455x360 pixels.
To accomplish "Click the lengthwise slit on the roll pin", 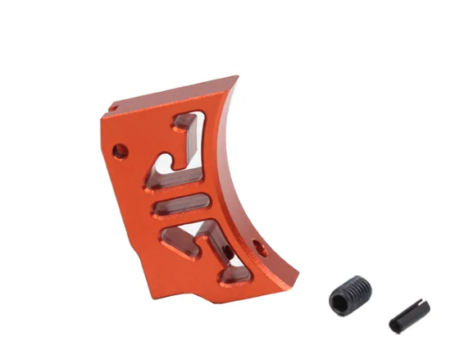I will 409,313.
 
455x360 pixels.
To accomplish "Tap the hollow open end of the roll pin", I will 397,326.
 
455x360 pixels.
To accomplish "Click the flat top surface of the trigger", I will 172,94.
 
